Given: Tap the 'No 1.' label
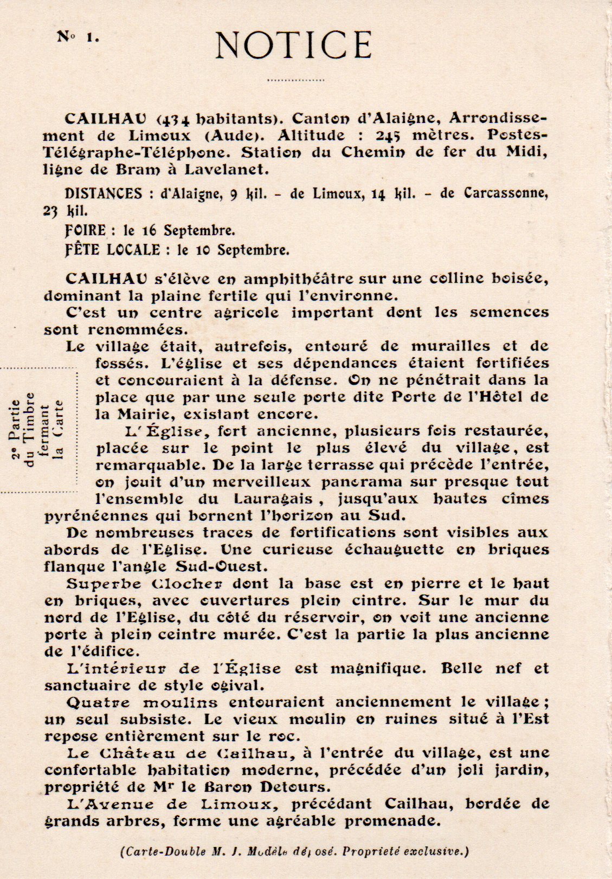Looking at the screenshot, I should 78,37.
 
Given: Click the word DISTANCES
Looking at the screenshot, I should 103,193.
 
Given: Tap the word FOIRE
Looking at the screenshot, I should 85,230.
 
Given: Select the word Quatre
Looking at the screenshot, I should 98,702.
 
